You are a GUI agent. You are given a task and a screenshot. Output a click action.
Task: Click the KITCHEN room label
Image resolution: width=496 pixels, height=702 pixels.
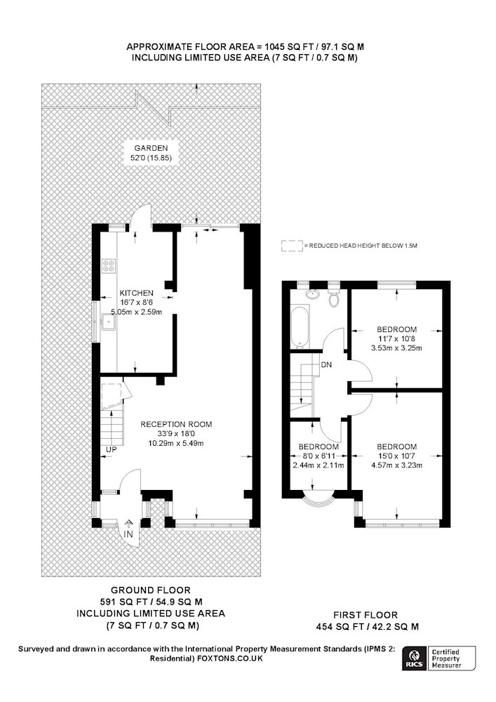(x=136, y=293)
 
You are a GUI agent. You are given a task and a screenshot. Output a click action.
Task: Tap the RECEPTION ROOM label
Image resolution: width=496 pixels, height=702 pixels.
(x=176, y=424)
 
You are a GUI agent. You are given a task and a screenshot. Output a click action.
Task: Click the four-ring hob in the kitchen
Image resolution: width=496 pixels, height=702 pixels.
(x=109, y=266)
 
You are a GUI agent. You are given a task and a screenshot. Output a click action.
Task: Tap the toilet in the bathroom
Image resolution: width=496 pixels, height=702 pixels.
(x=334, y=297)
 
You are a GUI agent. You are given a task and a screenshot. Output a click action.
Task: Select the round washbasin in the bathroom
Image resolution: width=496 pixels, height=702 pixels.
(x=313, y=294)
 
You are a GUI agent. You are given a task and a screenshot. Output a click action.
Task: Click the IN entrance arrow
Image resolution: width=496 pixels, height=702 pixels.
(x=128, y=524)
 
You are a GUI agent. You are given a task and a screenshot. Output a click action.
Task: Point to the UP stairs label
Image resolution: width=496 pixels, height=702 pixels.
(x=112, y=449)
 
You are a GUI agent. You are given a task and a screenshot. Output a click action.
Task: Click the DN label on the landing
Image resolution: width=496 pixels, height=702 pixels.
(x=326, y=365)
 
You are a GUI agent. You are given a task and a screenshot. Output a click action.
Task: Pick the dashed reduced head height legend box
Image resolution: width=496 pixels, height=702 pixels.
(x=292, y=246)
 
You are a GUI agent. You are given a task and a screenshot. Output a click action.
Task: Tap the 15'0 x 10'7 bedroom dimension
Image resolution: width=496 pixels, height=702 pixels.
(x=396, y=456)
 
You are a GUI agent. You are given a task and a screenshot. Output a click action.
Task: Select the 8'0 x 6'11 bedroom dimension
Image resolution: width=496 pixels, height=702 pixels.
(x=319, y=456)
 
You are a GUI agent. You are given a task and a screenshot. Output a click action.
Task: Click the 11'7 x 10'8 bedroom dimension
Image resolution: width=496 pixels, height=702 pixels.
(x=396, y=338)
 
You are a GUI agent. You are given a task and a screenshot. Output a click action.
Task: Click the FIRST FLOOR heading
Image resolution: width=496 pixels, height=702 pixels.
(x=366, y=615)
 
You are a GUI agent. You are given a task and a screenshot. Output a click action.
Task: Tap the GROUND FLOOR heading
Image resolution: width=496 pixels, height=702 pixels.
(x=151, y=590)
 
